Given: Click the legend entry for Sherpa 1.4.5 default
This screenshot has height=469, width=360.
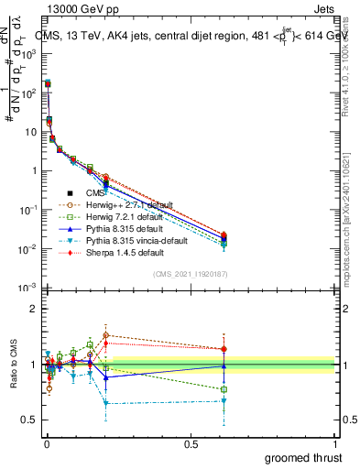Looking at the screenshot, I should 125,251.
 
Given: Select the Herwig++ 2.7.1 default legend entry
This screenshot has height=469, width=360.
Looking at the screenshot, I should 128,205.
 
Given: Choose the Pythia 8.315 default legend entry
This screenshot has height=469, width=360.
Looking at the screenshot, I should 124,228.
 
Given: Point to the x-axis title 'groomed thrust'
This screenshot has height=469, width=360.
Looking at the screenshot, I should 304,457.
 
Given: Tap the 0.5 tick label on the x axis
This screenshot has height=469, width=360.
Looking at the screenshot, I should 191,444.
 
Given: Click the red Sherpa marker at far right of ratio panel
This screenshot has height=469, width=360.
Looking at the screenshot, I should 224,348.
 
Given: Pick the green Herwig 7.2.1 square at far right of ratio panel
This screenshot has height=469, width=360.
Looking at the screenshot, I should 224,389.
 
